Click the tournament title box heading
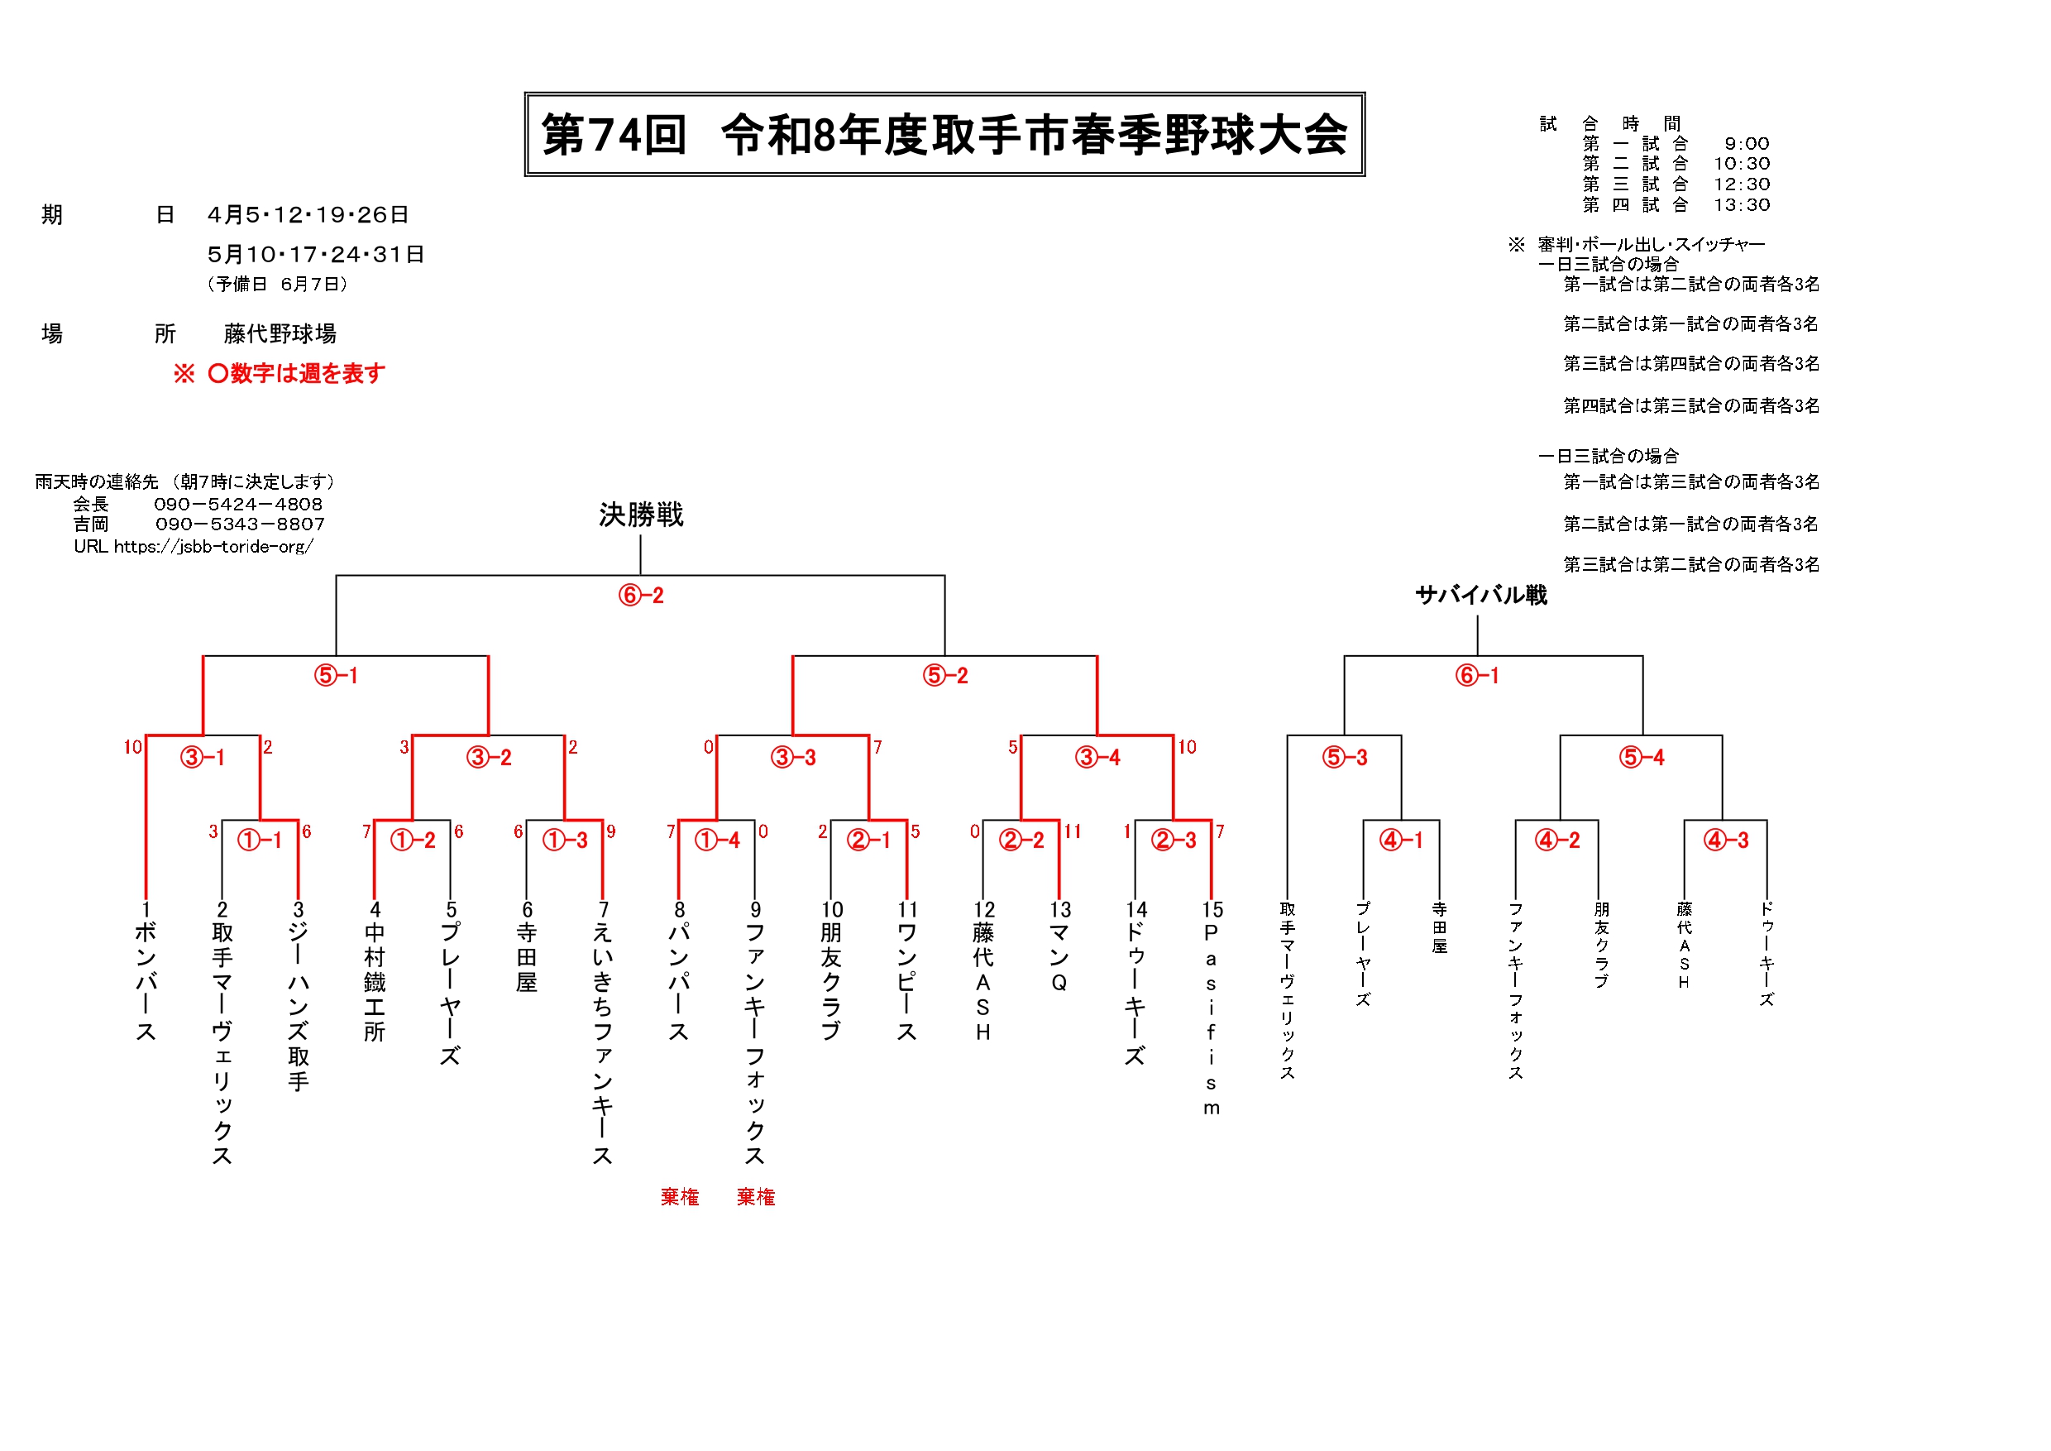pos(944,134)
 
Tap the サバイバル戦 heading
pos(1480,595)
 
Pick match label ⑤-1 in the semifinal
pos(336,676)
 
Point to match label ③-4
pos(1097,758)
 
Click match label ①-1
pos(259,840)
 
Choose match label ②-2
pos(1021,840)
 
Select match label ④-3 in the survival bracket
pos(1726,840)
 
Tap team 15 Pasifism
pos(1212,1009)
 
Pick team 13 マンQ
pos(1059,947)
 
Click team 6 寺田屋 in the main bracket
pos(527,947)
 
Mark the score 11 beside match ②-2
pos(1072,832)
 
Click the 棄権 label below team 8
pos(680,1196)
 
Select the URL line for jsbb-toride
pos(193,546)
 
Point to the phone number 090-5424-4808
pos(237,504)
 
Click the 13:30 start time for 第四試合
pos(1741,204)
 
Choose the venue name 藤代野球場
pos(280,334)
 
